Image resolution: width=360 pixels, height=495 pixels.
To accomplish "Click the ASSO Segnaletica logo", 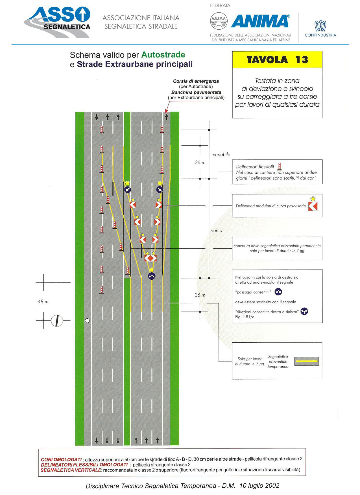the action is click(57, 22).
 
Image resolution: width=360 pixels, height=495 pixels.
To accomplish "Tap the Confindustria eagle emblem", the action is click(320, 26).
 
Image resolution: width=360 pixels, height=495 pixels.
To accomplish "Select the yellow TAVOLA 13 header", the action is click(277, 60).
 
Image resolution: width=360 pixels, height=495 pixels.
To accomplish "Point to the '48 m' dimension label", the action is click(43, 302).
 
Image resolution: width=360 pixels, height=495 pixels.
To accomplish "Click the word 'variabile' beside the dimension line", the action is click(221, 154).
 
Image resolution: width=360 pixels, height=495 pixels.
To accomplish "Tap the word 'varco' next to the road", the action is click(217, 231).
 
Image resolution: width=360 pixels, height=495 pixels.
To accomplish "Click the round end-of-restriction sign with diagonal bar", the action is click(57, 321).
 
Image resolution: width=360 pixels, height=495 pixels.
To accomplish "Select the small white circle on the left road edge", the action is click(87, 321).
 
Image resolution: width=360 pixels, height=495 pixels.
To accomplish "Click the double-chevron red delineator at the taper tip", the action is click(150, 258).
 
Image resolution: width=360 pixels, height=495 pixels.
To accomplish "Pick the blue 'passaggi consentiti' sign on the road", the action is click(152, 276).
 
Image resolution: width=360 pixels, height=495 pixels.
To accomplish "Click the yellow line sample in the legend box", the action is click(307, 361).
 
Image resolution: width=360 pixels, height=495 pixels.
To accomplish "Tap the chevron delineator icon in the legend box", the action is click(313, 206).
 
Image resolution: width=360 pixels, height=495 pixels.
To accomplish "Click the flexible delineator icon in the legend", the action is click(279, 167).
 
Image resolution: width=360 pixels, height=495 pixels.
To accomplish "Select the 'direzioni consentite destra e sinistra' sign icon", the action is click(304, 311).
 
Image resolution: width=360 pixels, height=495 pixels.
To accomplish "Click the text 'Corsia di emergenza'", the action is click(196, 81).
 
